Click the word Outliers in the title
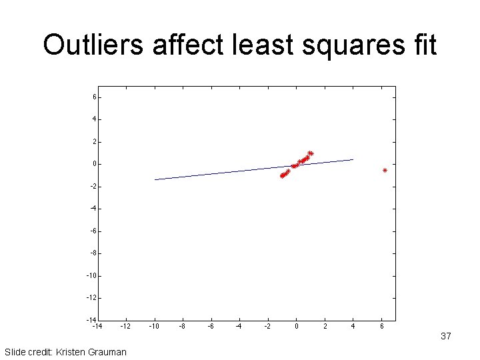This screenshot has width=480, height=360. click(94, 45)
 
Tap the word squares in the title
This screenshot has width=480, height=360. click(339, 45)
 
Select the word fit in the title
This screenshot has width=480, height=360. click(421, 45)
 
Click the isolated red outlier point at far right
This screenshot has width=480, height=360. click(385, 171)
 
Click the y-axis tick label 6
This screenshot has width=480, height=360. click(95, 97)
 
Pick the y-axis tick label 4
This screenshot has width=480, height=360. click(95, 119)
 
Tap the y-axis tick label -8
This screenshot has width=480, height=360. click(93, 253)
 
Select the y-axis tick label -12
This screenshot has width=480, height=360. click(93, 298)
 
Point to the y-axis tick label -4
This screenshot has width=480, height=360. click(93, 209)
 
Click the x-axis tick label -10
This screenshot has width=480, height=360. click(154, 327)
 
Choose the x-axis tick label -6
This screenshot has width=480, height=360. click(211, 327)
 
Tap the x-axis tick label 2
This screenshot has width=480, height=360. click(325, 327)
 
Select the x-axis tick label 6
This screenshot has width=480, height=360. click(381, 327)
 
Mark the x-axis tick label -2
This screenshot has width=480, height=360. click(267, 327)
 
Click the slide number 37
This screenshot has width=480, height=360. click(446, 337)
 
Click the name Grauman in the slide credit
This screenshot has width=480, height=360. click(106, 351)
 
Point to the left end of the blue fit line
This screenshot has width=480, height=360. click(155, 179)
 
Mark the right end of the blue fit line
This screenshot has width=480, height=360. click(353, 159)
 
